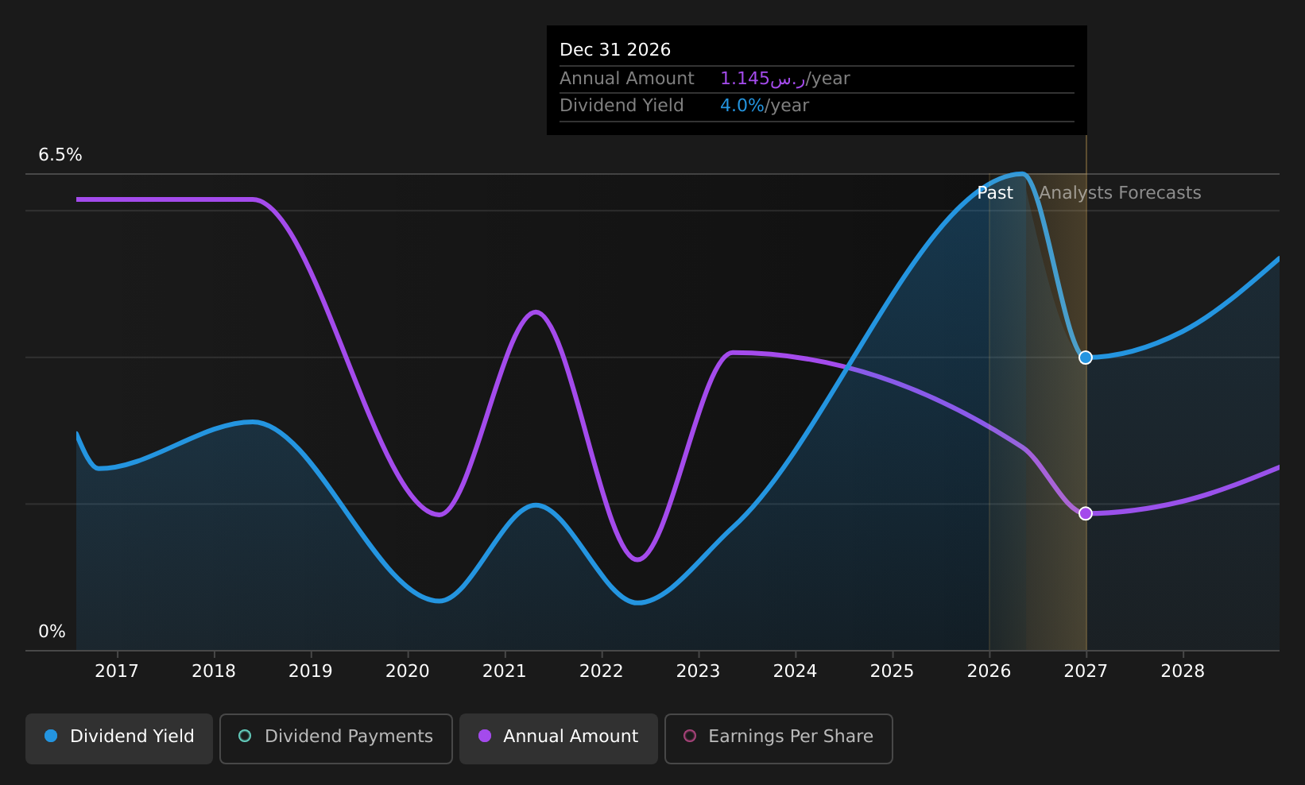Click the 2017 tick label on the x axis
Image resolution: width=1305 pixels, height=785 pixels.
click(x=117, y=671)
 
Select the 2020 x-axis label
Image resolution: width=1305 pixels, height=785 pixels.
click(x=407, y=671)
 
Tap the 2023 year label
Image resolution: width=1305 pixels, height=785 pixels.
click(x=698, y=671)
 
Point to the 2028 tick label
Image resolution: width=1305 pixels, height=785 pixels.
click(x=1183, y=671)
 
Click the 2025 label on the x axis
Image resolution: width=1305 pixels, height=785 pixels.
click(x=892, y=671)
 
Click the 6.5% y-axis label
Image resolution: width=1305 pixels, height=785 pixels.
click(x=60, y=155)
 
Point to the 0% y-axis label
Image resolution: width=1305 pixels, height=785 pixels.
click(x=52, y=632)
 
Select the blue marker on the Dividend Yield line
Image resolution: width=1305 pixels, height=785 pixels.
click(x=1086, y=358)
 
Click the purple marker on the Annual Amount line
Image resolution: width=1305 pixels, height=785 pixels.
click(x=1086, y=513)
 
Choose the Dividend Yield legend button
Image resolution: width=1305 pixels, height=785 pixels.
click(x=119, y=738)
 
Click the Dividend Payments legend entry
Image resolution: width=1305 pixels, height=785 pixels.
click(x=336, y=738)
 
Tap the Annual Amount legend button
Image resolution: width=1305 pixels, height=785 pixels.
click(x=559, y=738)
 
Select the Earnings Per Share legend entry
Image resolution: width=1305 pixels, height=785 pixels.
click(x=779, y=738)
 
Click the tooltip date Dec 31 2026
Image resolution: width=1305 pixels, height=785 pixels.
click(x=615, y=50)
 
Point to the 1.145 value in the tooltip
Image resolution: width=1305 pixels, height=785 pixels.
click(x=745, y=78)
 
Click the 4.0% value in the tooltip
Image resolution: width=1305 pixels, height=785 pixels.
click(x=742, y=106)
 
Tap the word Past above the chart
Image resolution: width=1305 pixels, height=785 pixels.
click(x=995, y=193)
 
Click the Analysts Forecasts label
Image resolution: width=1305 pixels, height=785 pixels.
click(x=1120, y=193)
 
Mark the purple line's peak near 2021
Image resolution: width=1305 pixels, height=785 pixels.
click(x=536, y=311)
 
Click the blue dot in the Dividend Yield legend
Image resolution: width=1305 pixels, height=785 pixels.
click(x=52, y=736)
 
